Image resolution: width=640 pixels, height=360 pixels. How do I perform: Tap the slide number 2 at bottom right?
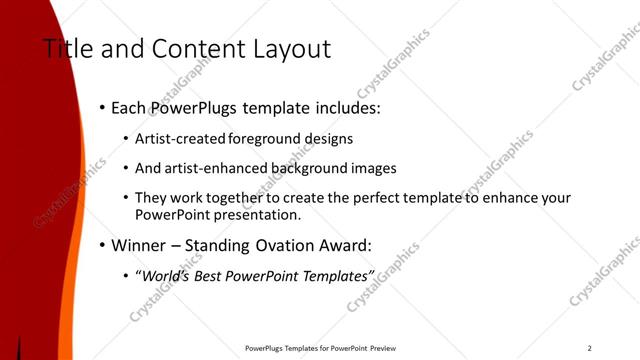pos(590,348)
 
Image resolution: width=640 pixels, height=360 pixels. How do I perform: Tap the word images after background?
pos(368,169)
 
